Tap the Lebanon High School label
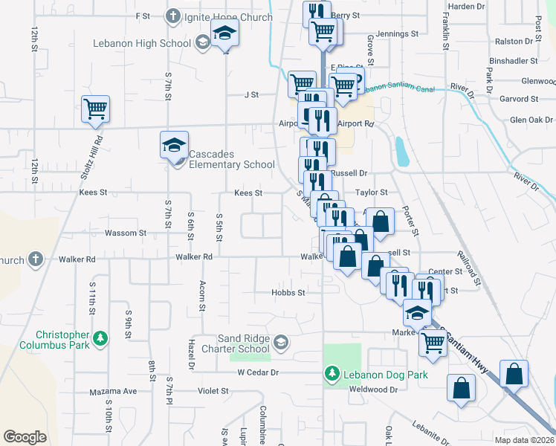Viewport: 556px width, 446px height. point(142,43)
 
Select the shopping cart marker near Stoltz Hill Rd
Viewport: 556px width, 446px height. point(96,110)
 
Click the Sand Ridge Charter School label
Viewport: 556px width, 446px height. point(243,343)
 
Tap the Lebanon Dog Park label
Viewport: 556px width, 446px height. point(384,375)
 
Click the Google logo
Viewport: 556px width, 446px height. point(25,437)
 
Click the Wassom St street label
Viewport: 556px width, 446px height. point(126,233)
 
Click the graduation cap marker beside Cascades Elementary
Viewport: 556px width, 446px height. point(174,144)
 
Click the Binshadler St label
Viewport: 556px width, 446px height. point(513,60)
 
